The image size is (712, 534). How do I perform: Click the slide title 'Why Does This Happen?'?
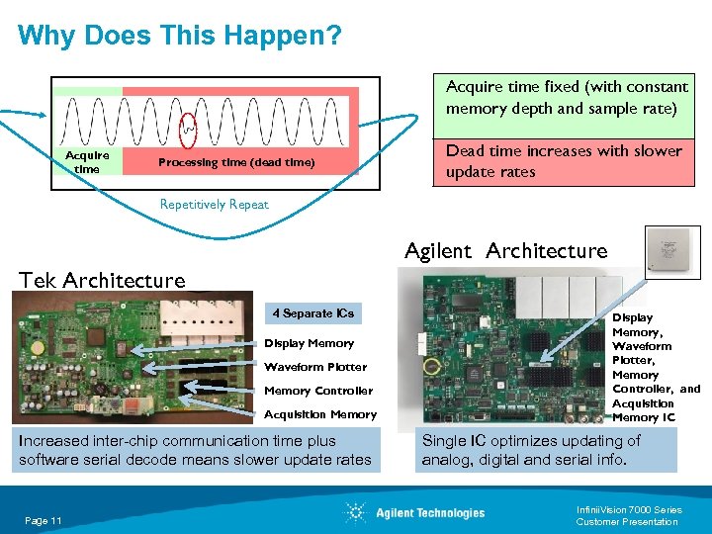(x=180, y=37)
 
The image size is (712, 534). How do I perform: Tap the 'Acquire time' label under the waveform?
(x=87, y=161)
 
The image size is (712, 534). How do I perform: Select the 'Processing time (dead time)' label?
(x=236, y=162)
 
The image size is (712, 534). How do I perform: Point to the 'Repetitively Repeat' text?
(x=215, y=205)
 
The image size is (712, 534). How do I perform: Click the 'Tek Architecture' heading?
(x=103, y=280)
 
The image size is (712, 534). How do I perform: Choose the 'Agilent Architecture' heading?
(x=505, y=250)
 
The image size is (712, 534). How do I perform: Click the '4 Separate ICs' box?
(x=312, y=313)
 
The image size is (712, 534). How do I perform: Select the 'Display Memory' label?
(x=309, y=343)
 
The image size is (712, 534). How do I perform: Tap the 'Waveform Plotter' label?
(x=315, y=367)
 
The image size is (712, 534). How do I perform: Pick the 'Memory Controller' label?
(x=318, y=391)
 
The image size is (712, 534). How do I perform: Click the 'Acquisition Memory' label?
(x=320, y=414)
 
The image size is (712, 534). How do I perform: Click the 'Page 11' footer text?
(x=44, y=520)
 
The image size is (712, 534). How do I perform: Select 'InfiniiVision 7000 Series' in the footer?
(x=629, y=510)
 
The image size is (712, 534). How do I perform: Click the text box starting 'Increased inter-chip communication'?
(x=195, y=450)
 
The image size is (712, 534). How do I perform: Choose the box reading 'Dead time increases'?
(x=563, y=161)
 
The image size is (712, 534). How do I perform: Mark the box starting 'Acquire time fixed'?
(x=566, y=98)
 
